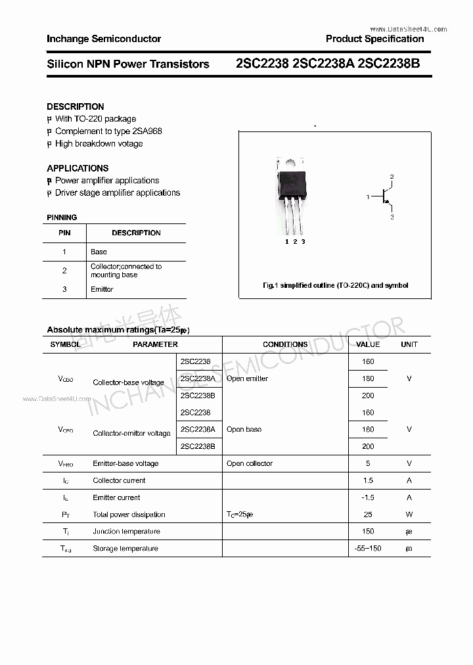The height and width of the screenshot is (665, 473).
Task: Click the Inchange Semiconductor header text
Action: pos(104,39)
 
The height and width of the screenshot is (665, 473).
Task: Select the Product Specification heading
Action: pos(374,39)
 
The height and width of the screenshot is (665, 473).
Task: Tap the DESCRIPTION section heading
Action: pos(75,106)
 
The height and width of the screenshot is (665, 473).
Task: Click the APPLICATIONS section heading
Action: pos(78,168)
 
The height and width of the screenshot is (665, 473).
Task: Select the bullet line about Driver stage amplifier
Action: pos(117,193)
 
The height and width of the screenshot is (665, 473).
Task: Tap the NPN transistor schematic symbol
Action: pos(384,196)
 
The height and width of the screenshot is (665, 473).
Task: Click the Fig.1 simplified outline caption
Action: pos(335,285)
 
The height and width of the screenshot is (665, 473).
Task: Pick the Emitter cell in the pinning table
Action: pos(102,289)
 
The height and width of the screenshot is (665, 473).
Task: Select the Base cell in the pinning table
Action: pos(99,252)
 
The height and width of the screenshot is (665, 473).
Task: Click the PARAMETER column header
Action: pos(155,344)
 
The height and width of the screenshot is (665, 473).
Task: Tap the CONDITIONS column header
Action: pos(285,344)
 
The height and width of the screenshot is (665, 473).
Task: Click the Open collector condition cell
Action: pos(250,463)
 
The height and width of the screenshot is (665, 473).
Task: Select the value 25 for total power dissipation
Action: pos(368,515)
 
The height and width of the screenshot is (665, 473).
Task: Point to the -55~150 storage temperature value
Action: pos(368,548)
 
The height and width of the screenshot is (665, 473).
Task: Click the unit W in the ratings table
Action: pos(409,515)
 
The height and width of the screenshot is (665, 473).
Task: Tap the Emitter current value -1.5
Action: pos(368,497)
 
